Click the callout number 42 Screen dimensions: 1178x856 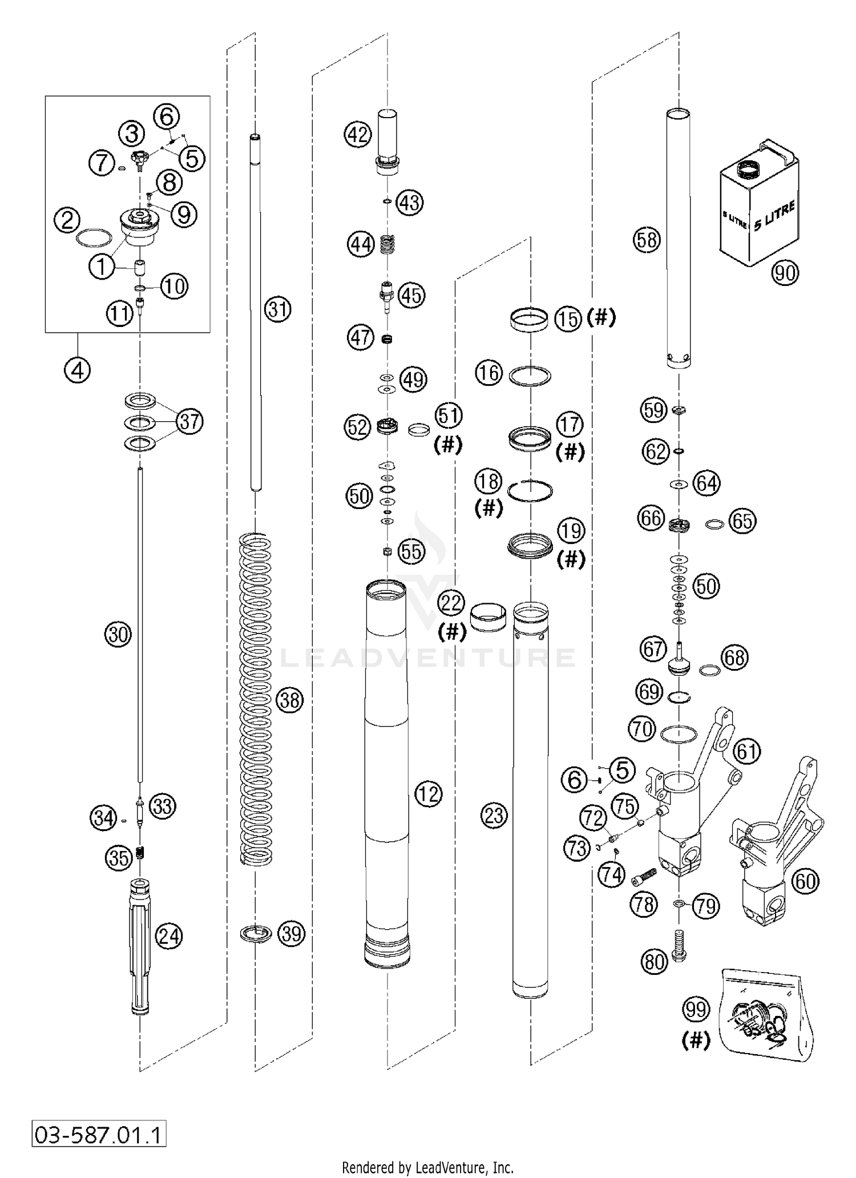click(x=358, y=135)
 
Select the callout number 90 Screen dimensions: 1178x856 click(x=785, y=273)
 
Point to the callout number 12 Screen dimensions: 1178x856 click(x=429, y=793)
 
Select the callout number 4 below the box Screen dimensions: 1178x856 click(x=77, y=371)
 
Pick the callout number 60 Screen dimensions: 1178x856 click(x=805, y=881)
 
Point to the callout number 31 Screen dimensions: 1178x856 click(x=277, y=309)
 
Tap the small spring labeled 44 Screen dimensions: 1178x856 click(x=387, y=245)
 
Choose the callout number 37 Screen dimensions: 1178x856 click(x=189, y=422)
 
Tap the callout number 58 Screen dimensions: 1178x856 click(x=647, y=240)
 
